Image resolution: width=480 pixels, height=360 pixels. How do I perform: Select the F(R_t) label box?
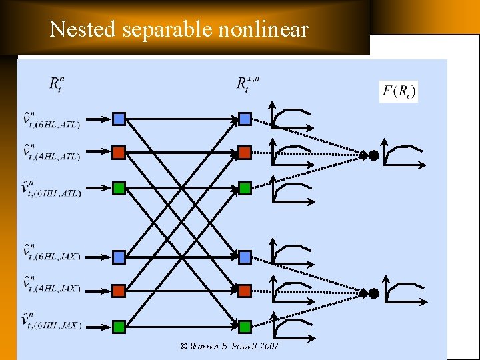click(x=399, y=91)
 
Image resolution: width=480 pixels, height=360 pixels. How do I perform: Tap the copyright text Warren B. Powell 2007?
click(x=229, y=346)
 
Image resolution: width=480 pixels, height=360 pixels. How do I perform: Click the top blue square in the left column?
click(x=119, y=119)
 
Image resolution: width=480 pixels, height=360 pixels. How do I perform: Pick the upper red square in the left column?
click(x=119, y=153)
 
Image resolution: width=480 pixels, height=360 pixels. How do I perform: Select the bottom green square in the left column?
click(x=119, y=327)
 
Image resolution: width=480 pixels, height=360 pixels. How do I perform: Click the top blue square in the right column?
click(x=245, y=119)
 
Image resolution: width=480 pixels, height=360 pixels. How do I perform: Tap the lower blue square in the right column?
click(x=245, y=257)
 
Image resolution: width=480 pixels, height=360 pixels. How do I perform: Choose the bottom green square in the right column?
click(x=245, y=327)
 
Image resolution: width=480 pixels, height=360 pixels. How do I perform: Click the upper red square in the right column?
click(x=245, y=153)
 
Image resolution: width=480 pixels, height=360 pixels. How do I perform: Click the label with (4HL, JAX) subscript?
click(x=51, y=287)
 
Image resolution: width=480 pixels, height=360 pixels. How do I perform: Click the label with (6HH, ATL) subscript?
click(x=51, y=190)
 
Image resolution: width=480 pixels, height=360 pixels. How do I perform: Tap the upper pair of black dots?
click(x=369, y=155)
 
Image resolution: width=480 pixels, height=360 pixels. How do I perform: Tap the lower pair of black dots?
click(x=369, y=293)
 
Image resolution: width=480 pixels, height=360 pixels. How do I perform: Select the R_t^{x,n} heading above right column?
click(x=248, y=84)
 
